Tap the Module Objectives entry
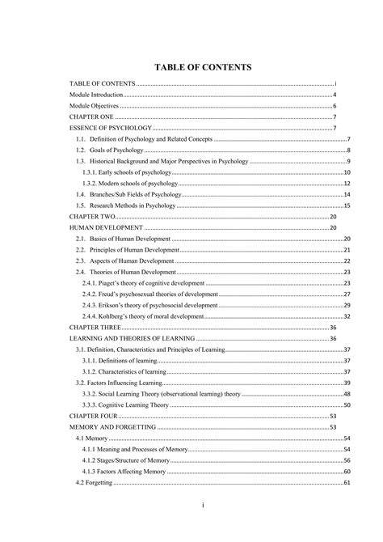95,106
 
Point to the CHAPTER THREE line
95,327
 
